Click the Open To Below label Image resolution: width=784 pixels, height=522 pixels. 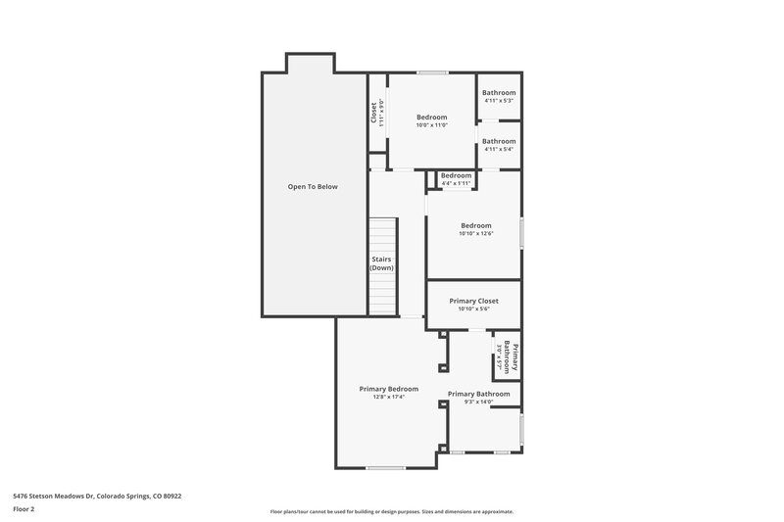[x=313, y=186]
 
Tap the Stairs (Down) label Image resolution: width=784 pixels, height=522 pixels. [x=382, y=263]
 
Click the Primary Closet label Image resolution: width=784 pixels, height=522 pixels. [x=474, y=300]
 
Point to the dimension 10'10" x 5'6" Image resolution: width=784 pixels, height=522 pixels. [x=474, y=309]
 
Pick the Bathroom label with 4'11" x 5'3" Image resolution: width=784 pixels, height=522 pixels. [x=499, y=92]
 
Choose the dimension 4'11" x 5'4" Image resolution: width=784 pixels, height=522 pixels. [x=499, y=149]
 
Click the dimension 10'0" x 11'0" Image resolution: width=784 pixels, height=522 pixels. [x=431, y=125]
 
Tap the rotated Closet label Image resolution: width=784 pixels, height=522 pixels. [x=373, y=113]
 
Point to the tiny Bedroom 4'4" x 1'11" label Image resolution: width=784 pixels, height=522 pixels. [x=457, y=175]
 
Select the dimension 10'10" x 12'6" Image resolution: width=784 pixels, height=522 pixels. [x=475, y=234]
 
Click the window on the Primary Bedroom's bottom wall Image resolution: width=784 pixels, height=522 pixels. [x=386, y=468]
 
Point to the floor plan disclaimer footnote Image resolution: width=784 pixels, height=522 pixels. [x=391, y=511]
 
